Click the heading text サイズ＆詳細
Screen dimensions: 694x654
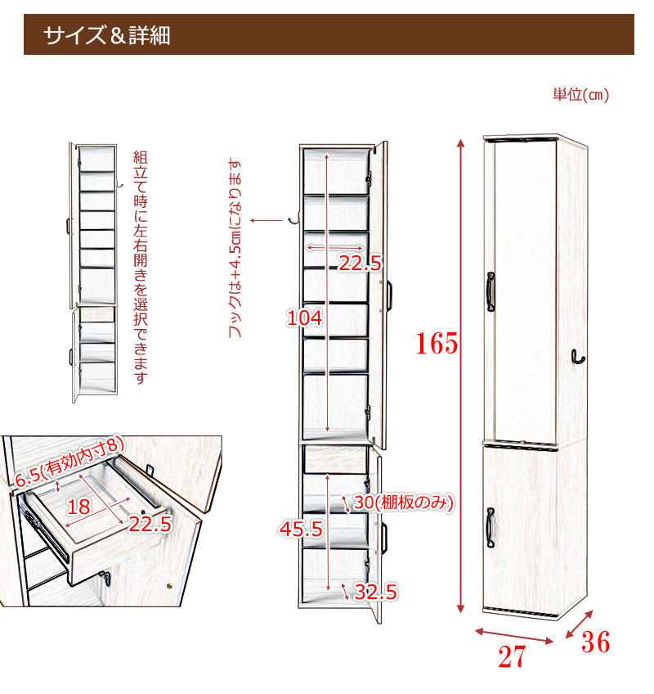(107, 36)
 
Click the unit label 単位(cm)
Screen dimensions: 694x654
(580, 95)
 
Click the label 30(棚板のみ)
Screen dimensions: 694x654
(402, 503)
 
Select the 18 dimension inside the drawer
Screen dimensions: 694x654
(78, 507)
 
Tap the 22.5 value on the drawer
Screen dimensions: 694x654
(149, 524)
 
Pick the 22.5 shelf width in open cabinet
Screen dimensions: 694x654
(361, 263)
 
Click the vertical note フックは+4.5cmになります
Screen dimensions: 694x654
(235, 250)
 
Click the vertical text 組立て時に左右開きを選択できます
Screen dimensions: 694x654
(141, 267)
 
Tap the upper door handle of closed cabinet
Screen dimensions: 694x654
(491, 291)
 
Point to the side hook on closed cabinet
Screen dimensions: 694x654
(577, 358)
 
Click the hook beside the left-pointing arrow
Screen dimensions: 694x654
(293, 218)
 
